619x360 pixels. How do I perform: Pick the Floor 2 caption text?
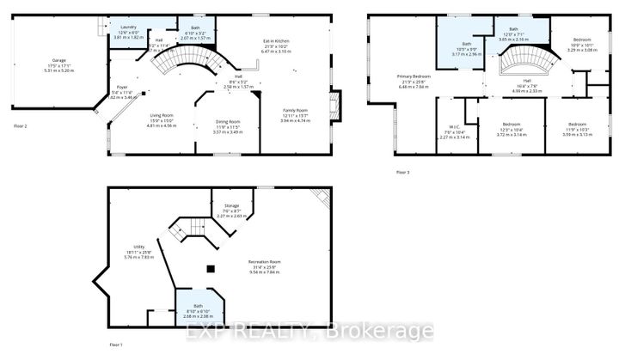[x=21, y=125]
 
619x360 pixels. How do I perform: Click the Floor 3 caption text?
[x=403, y=173]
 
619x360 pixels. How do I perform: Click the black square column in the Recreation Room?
[x=211, y=267]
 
